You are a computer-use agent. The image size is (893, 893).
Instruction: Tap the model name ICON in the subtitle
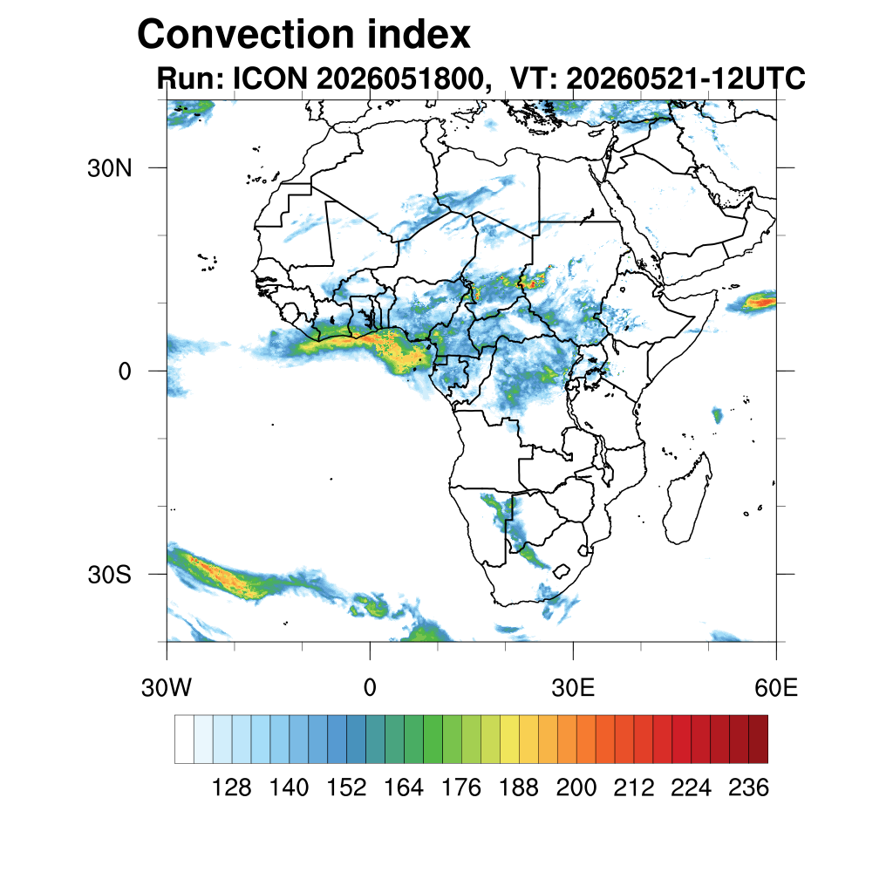coord(270,78)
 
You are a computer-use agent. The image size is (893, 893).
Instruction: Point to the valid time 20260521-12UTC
coord(685,78)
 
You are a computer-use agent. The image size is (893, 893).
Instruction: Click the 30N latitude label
coord(109,168)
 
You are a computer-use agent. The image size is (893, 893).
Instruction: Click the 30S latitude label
coord(109,575)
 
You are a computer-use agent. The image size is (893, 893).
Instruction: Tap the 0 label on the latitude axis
coord(125,372)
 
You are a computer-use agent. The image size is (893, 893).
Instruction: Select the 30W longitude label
coord(167,688)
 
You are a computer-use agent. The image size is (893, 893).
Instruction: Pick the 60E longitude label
coord(776,688)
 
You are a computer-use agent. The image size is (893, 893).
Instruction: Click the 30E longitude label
coord(573,688)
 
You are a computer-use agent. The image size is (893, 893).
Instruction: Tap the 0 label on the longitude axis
coord(370,688)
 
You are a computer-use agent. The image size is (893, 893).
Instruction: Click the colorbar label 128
coord(231,787)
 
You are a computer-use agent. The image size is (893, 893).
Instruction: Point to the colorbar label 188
coord(518,787)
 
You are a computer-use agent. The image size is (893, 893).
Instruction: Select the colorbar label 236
coord(748,787)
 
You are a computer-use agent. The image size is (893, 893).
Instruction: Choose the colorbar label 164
coord(403,787)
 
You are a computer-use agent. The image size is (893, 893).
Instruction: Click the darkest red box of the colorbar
coord(758,740)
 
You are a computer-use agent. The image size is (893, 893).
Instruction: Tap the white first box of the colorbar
coord(185,740)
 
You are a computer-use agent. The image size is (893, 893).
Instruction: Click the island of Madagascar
coord(687,498)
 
